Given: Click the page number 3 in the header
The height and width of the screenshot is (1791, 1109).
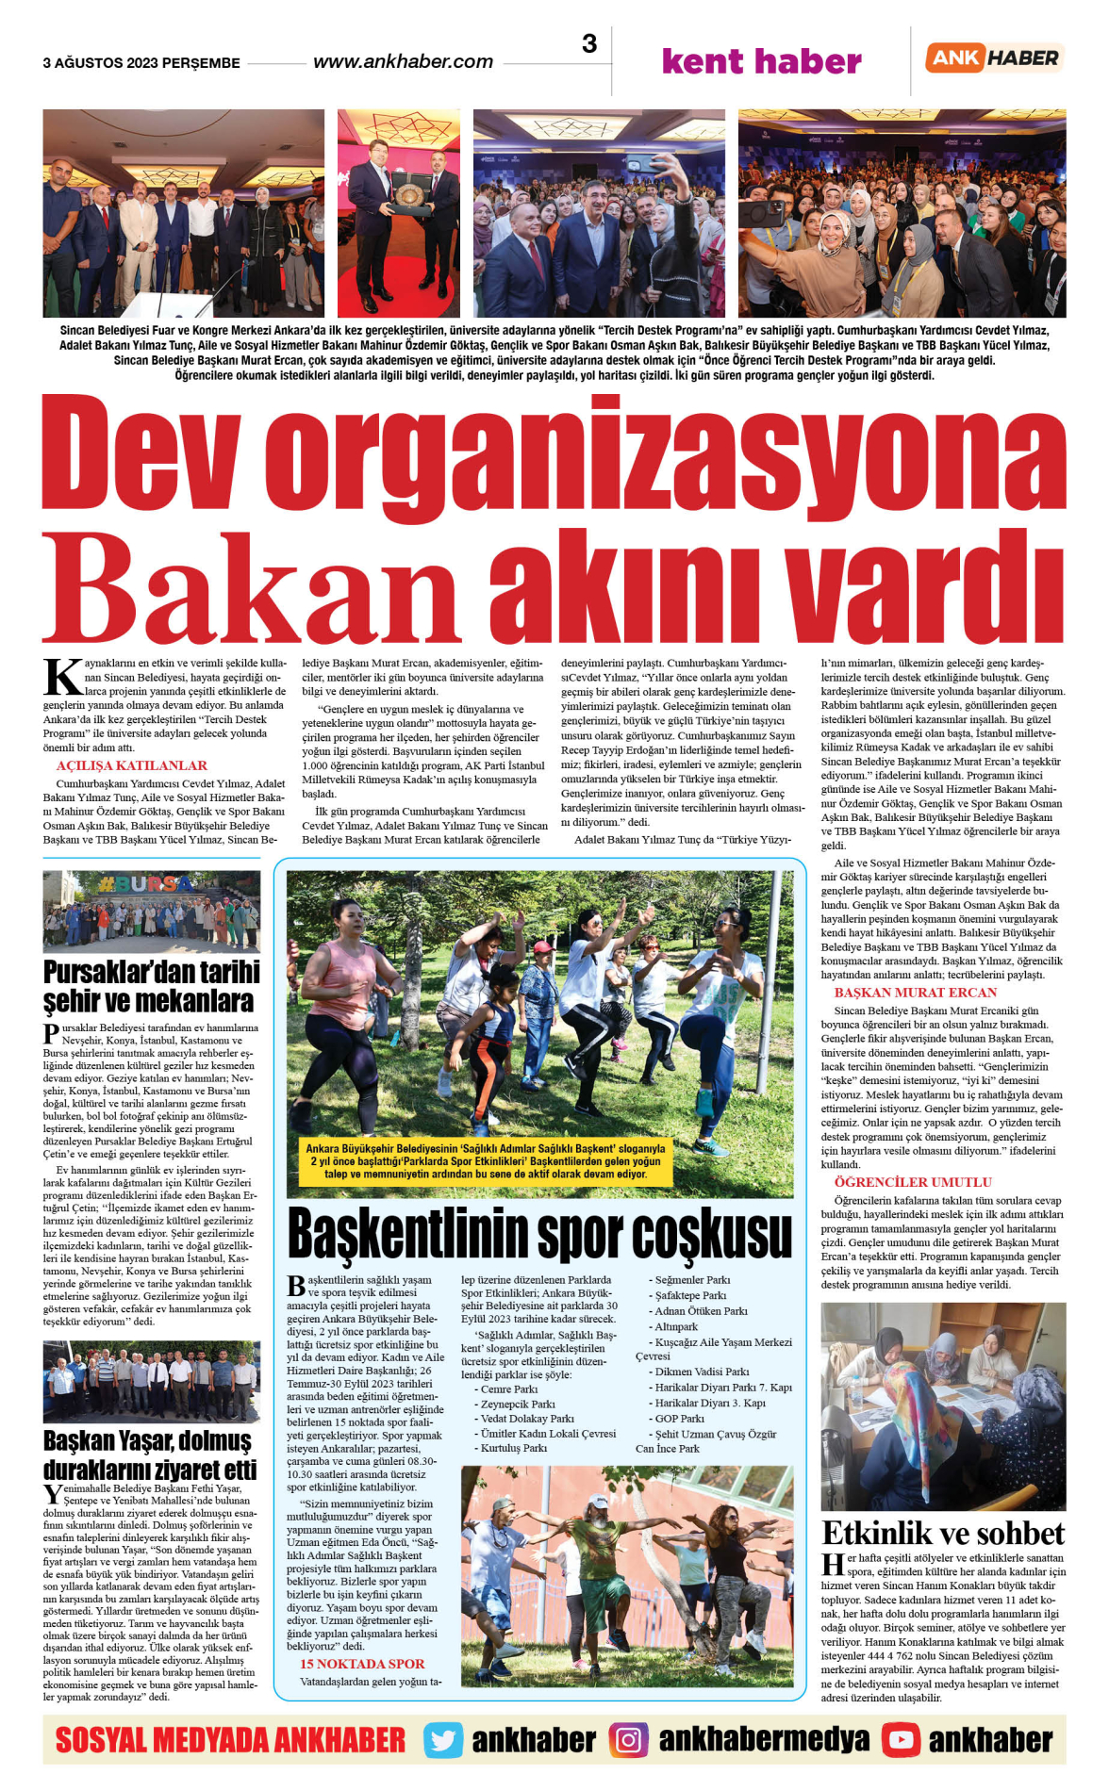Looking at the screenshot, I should click(x=589, y=44).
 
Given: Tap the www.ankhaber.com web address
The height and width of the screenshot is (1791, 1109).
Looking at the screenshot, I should click(x=403, y=62).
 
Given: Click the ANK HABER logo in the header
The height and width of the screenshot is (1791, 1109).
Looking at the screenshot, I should click(x=994, y=58).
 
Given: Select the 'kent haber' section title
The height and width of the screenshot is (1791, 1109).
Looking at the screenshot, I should click(x=761, y=61).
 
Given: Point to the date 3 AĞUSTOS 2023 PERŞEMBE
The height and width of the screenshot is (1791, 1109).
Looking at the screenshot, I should click(x=141, y=63).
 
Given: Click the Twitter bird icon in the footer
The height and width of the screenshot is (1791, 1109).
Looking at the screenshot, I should click(x=442, y=1740).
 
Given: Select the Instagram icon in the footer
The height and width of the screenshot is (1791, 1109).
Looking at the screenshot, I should click(x=628, y=1740).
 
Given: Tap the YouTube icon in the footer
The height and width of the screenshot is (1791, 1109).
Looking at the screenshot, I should click(x=901, y=1740).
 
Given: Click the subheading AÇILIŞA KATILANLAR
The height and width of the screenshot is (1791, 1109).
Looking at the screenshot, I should click(x=131, y=765).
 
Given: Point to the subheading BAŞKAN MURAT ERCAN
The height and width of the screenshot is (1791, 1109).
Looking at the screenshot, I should click(x=915, y=993).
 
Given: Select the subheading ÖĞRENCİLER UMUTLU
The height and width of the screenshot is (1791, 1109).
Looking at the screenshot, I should click(x=912, y=1182).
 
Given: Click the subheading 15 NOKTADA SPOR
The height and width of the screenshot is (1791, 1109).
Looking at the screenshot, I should click(x=362, y=1664).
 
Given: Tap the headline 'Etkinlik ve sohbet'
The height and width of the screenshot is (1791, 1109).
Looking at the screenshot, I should click(x=943, y=1533).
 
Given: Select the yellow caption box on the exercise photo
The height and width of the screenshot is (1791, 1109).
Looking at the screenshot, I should click(x=486, y=1161).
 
